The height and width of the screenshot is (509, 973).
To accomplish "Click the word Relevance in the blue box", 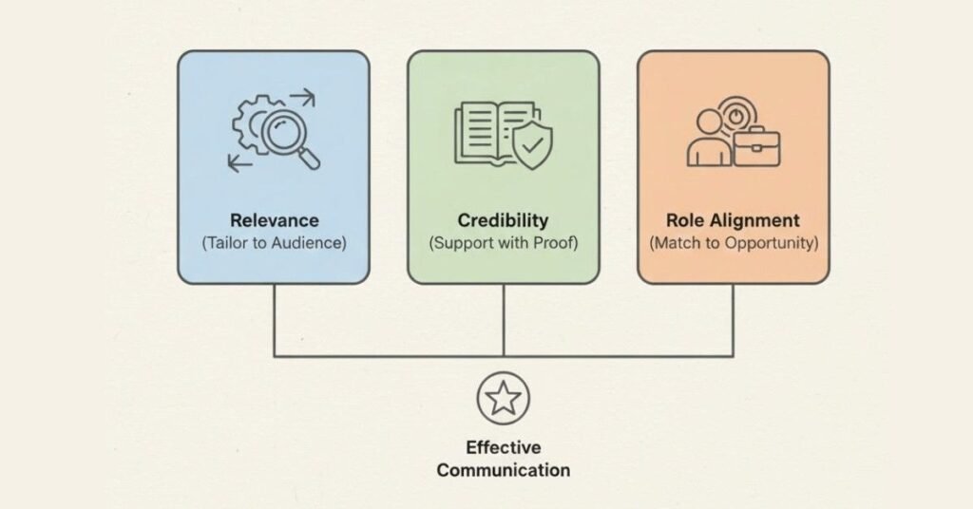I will point(274,220).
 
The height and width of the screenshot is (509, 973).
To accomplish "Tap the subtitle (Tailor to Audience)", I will point(274,243).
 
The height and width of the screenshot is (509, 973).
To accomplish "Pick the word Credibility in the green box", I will point(503,220).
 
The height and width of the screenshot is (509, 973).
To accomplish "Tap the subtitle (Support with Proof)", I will point(503,243).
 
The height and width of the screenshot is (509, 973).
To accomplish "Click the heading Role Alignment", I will point(733,220).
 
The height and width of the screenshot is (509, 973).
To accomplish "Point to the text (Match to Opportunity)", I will point(733,243).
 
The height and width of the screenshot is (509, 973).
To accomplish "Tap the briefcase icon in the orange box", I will point(758,144).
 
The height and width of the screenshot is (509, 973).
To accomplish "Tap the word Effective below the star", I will point(503,447).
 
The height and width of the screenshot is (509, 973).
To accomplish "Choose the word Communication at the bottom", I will point(503,469).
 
